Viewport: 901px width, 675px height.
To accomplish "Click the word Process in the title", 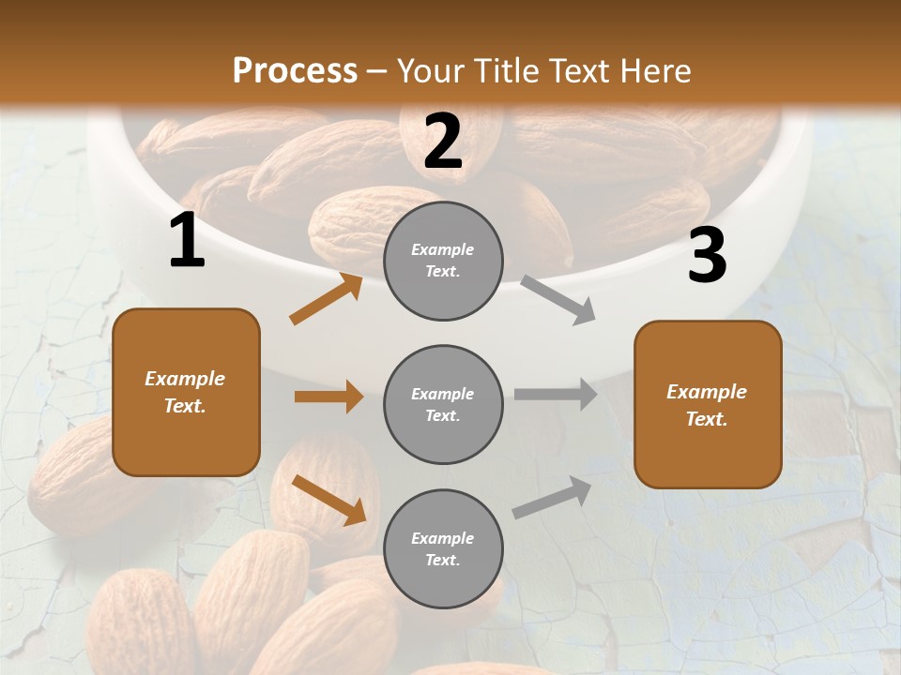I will (295, 70).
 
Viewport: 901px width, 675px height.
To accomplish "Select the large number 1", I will (187, 241).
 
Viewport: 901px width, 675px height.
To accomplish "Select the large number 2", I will (443, 142).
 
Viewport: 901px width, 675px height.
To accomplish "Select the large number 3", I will (707, 255).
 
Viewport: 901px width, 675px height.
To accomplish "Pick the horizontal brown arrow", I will (328, 397).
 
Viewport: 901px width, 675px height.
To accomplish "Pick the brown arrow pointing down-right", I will (329, 500).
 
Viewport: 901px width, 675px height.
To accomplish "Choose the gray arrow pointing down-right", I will (558, 300).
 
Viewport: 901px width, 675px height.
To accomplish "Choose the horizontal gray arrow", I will (556, 394).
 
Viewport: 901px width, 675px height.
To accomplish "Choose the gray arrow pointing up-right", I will (553, 497).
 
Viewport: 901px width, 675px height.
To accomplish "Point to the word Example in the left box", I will (185, 379).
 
